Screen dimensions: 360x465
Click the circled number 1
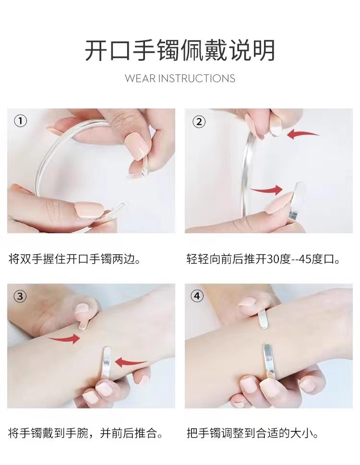(21, 121)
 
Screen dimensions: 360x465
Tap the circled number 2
(199, 122)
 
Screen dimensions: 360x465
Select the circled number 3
(20, 296)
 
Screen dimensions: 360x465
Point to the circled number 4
(197, 296)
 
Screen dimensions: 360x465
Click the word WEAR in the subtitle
(140, 79)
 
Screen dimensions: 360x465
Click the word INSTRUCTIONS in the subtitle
(197, 79)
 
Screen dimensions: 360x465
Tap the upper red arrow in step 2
(303, 134)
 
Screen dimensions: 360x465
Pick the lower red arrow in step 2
(266, 190)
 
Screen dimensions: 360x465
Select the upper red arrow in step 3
(64, 338)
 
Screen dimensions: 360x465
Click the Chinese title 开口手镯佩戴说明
(180, 51)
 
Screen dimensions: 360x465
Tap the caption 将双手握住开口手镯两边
(74, 259)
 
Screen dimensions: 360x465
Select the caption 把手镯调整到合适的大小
(252, 433)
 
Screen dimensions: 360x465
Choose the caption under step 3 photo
(86, 433)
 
